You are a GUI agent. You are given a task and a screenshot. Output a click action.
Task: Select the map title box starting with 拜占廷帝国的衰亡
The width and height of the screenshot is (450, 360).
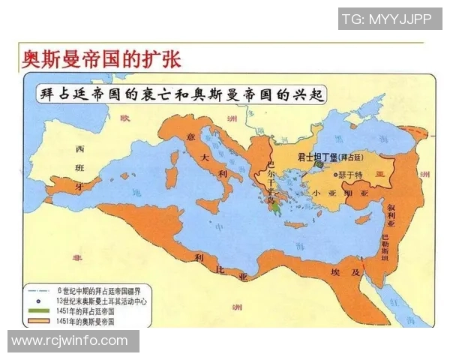tap(181, 94)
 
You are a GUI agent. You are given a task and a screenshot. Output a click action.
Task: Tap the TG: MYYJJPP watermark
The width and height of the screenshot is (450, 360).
tap(385, 19)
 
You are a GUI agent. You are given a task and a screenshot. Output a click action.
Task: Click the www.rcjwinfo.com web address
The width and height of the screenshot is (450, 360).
tap(70, 340)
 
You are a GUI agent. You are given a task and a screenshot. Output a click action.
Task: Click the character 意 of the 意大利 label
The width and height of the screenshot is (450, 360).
tap(191, 136)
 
